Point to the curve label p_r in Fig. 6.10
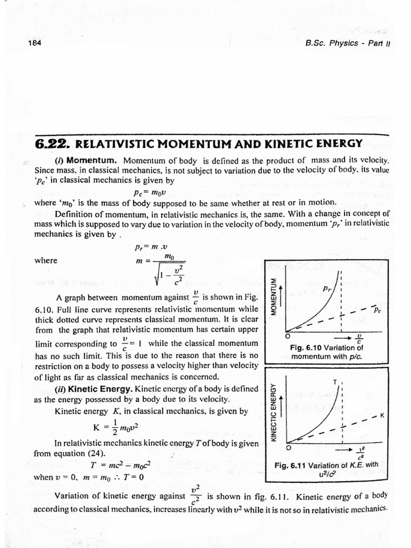(x=327, y=288)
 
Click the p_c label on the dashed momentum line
(x=377, y=310)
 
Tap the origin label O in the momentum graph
(x=287, y=337)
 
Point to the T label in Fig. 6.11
(x=335, y=382)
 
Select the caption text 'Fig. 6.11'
(x=291, y=465)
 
